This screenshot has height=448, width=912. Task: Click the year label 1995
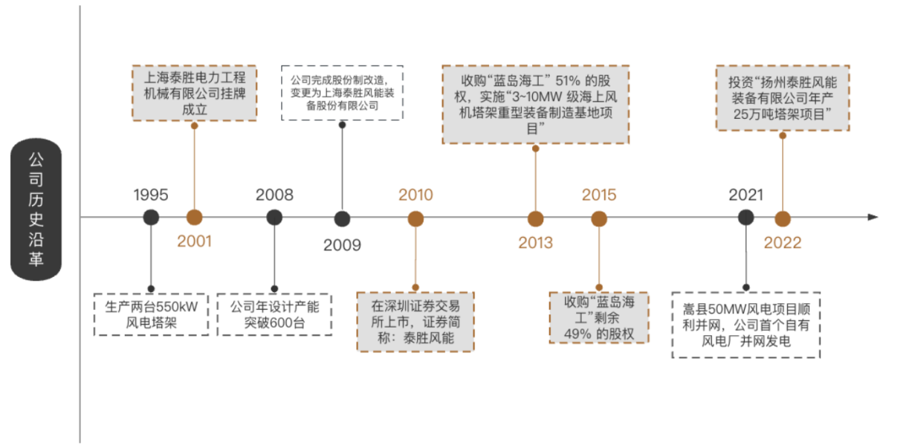point(151,195)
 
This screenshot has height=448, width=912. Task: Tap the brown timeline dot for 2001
point(194,218)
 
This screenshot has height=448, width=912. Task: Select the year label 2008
point(274,195)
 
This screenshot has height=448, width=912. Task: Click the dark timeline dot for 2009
point(342,218)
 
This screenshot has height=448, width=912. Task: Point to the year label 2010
point(415,195)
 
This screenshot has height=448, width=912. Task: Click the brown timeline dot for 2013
point(536,218)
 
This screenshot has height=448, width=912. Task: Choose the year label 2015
point(599,195)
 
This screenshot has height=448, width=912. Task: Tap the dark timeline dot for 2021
point(746,217)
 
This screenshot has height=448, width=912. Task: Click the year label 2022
point(783,243)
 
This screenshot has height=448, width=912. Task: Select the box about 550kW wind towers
point(151,314)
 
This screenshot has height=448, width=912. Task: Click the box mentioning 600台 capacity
point(274,314)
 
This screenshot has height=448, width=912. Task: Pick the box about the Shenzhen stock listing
point(415,322)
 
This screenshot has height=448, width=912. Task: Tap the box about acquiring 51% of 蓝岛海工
point(535,104)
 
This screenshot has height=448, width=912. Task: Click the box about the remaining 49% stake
point(599,317)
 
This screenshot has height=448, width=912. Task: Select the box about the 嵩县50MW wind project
point(746,325)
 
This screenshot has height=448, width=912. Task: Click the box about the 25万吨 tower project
point(782,97)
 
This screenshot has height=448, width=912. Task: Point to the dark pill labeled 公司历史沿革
point(36,210)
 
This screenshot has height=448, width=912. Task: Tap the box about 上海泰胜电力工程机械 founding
point(194,92)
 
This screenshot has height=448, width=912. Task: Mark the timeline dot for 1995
point(151,218)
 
